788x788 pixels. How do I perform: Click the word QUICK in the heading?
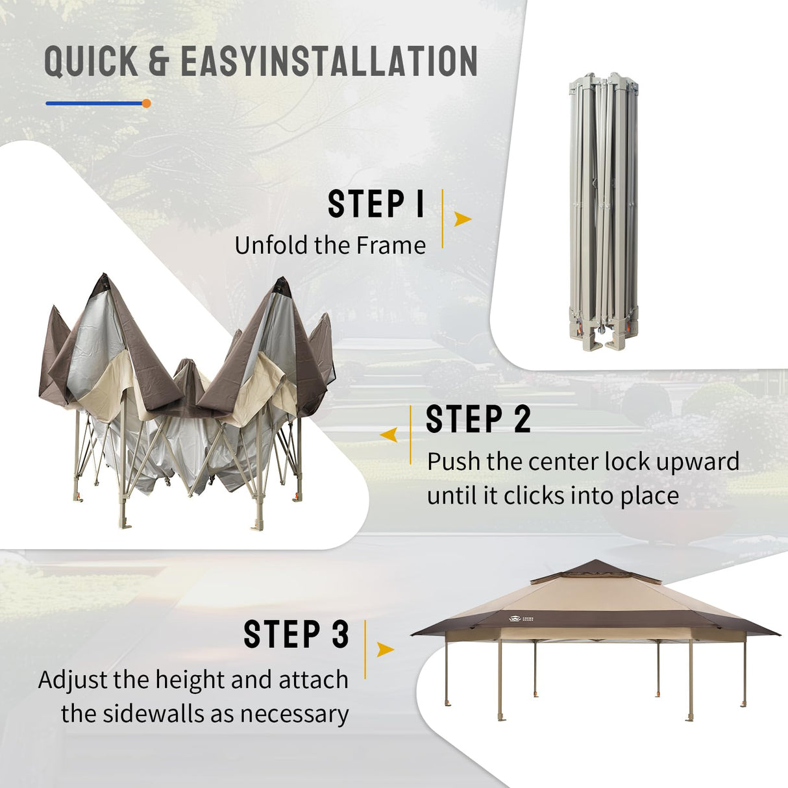[91, 61]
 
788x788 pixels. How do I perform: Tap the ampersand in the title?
[159, 61]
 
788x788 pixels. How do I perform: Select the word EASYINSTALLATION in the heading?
[329, 61]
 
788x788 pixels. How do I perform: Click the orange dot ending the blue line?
[146, 103]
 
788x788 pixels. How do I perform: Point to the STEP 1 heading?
[376, 204]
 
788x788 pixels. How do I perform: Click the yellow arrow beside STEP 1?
[463, 219]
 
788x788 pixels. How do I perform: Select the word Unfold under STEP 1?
[271, 246]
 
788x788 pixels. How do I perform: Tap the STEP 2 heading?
[478, 419]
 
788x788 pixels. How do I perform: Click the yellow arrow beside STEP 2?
[389, 435]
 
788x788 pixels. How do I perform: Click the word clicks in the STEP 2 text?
[534, 496]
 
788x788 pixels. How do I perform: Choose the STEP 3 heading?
[297, 634]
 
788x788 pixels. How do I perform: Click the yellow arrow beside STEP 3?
[385, 649]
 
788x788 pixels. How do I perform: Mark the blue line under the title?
[95, 103]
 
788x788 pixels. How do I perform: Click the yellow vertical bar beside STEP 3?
[365, 649]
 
